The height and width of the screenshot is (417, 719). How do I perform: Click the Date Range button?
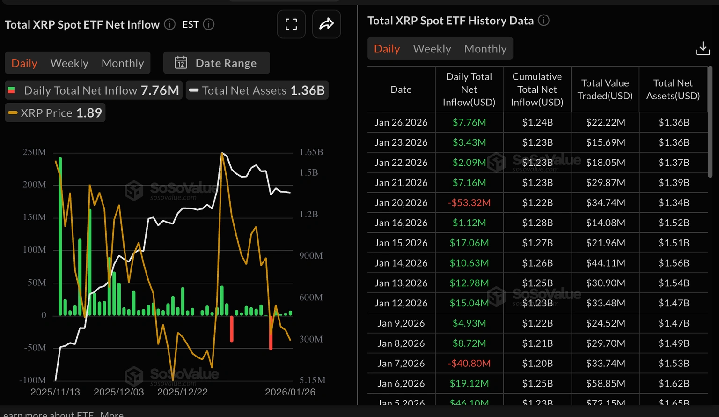(216, 63)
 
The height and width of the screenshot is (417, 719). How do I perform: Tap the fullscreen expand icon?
(291, 24)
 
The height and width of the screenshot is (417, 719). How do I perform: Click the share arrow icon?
(326, 24)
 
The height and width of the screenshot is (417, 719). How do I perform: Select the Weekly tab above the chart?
(69, 63)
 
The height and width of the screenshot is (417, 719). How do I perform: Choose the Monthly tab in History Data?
(485, 49)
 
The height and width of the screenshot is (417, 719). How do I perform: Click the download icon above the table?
(703, 48)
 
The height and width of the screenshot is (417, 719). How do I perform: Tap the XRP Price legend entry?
(55, 113)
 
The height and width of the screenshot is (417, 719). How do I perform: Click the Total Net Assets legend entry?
(257, 90)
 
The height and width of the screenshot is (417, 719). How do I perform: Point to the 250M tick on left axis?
(34, 152)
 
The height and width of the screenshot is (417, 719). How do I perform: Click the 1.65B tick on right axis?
(311, 152)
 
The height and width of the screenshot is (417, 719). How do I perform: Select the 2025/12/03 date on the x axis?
(119, 392)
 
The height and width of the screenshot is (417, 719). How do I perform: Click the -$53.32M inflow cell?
(469, 203)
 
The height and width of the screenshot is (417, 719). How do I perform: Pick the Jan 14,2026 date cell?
(401, 263)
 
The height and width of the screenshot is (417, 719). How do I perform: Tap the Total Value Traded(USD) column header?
(605, 89)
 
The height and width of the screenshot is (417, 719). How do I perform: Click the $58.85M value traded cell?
(605, 383)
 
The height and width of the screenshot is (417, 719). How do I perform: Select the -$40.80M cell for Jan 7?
(469, 363)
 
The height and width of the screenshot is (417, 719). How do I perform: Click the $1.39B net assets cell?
(674, 183)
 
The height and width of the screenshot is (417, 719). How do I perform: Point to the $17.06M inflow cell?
(469, 243)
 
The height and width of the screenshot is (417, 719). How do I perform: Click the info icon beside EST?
(209, 24)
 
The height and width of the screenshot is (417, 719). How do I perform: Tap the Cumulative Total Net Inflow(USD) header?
(537, 89)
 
